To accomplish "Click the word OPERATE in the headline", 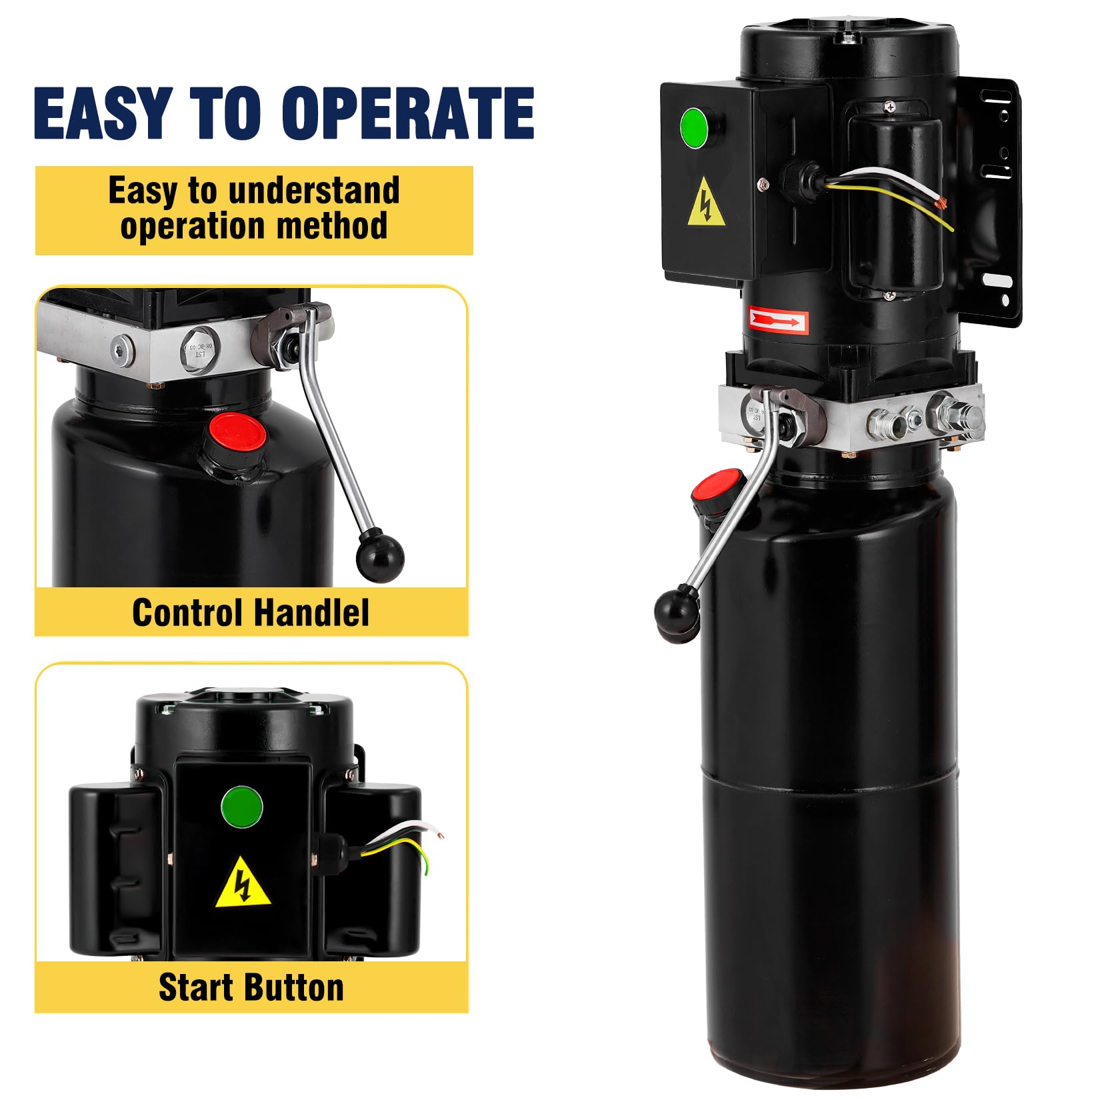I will (x=408, y=113).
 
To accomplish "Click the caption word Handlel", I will (x=311, y=613).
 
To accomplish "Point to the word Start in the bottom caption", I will (x=195, y=987).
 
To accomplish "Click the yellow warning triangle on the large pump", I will (x=707, y=204).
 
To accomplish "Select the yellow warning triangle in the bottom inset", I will (x=243, y=884).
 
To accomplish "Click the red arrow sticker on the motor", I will (x=777, y=321).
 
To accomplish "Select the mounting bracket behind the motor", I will (x=993, y=200).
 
